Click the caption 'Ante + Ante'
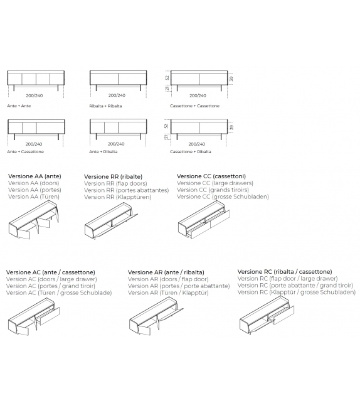point(19,106)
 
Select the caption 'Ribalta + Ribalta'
point(105,106)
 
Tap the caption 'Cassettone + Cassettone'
point(194,106)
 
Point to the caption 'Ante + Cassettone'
point(26,152)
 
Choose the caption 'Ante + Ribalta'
point(103,152)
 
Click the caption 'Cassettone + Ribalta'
point(191,152)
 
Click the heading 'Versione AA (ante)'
point(34,176)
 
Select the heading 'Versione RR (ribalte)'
point(114,176)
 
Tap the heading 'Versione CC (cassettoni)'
point(211,176)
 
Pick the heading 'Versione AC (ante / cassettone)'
point(51,272)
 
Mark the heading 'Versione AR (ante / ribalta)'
point(166,272)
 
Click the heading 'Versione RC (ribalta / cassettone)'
point(285,272)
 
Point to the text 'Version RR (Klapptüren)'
point(118,197)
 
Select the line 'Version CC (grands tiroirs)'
point(213,190)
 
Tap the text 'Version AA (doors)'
point(34,183)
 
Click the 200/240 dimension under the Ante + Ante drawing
point(34,95)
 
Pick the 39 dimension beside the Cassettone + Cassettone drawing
point(231,78)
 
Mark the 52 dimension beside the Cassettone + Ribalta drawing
point(167,126)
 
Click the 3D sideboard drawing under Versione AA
point(34,220)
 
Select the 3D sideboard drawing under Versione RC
point(267,315)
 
